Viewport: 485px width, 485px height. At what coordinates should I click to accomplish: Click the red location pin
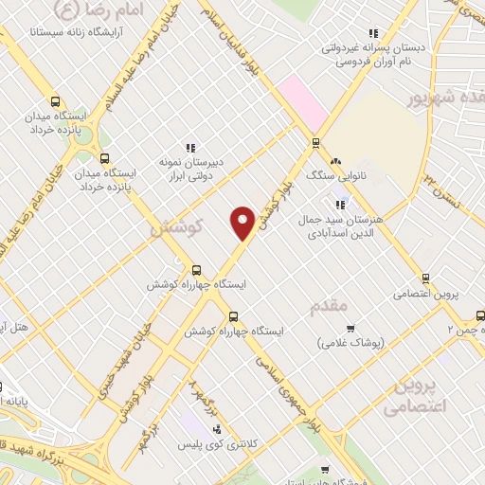(242, 221)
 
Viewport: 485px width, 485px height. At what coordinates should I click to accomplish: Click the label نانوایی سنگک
(331, 175)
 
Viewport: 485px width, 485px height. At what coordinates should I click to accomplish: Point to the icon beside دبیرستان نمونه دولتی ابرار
(190, 148)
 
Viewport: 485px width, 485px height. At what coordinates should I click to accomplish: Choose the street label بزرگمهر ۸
(197, 388)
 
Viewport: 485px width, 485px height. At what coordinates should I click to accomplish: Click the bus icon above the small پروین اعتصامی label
(425, 278)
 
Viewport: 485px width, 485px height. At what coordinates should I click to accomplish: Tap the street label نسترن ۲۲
(440, 177)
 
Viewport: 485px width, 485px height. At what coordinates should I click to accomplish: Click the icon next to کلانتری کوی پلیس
(216, 429)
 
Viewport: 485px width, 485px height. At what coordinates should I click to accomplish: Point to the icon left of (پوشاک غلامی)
(324, 329)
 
